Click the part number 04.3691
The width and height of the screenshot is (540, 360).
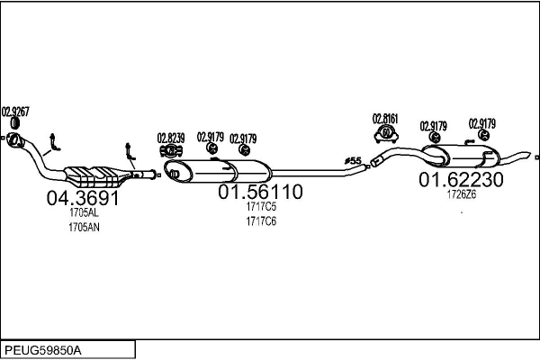(83, 197)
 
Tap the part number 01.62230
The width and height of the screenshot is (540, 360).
(460, 179)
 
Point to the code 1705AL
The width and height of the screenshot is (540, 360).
(83, 213)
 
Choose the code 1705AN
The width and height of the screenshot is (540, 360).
(83, 228)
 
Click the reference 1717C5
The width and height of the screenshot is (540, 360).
(260, 207)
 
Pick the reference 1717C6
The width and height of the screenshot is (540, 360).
(260, 220)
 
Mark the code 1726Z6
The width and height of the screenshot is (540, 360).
(460, 193)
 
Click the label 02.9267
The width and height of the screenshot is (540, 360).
(15, 112)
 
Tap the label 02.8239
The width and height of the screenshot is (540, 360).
(171, 138)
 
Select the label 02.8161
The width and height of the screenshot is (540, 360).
(386, 117)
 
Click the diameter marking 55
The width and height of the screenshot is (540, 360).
(353, 161)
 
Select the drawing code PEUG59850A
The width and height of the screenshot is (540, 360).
(43, 347)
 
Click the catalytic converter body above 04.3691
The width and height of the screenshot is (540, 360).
(93, 173)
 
